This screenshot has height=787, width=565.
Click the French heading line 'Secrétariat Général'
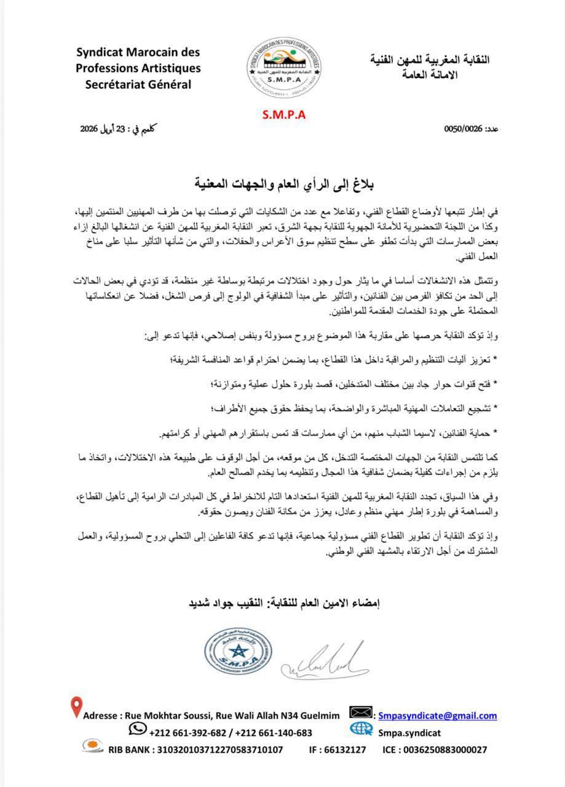pos(138,84)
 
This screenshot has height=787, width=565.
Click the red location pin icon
pos(76,708)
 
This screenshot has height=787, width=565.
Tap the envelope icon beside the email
pos(361,713)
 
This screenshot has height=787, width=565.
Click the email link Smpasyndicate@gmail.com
pos(438,715)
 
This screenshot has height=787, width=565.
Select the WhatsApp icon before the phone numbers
pos(137,729)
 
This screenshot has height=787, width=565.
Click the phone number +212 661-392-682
pos(187,732)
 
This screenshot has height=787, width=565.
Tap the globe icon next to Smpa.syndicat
pos(361,729)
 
